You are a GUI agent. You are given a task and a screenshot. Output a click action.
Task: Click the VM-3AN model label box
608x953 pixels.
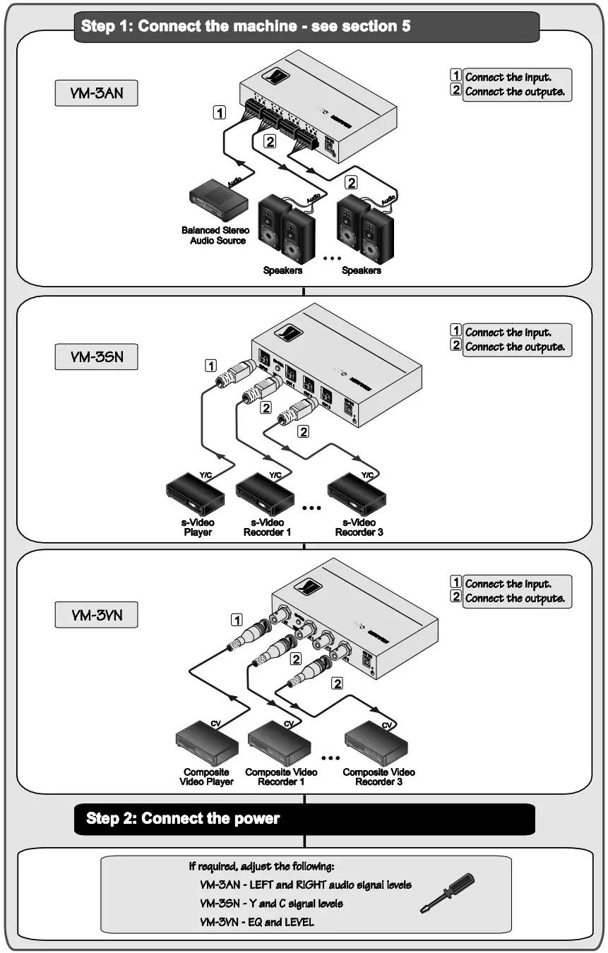pyautogui.click(x=96, y=93)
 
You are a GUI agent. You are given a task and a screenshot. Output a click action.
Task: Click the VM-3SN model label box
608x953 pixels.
pyautogui.click(x=96, y=356)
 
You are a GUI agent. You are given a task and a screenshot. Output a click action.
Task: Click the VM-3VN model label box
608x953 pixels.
pyautogui.click(x=96, y=615)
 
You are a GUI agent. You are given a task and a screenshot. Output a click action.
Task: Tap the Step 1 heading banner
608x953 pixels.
pyautogui.click(x=306, y=27)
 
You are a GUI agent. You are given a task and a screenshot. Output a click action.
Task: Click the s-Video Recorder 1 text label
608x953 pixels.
pyautogui.click(x=267, y=527)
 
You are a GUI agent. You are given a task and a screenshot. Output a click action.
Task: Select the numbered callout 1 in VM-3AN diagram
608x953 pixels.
pyautogui.click(x=221, y=112)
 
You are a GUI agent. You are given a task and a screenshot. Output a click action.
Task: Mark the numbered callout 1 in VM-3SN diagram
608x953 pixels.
pyautogui.click(x=210, y=366)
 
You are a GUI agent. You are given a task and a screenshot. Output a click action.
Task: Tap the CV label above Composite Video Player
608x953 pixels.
pyautogui.click(x=215, y=724)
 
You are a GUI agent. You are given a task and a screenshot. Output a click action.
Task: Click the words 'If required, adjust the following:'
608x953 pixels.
pyautogui.click(x=261, y=866)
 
